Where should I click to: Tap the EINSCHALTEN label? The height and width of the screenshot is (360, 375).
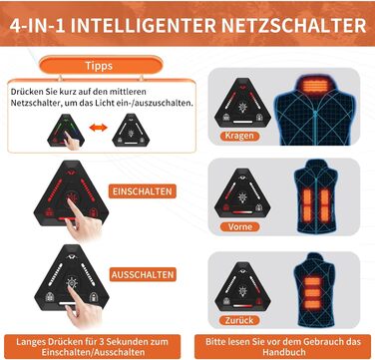[x=143, y=191]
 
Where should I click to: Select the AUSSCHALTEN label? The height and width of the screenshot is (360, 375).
[x=143, y=274]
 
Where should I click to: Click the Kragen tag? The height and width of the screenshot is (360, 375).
[x=239, y=136]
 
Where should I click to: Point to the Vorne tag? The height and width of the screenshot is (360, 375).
[x=240, y=227]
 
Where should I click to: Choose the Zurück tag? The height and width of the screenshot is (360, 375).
[x=239, y=320]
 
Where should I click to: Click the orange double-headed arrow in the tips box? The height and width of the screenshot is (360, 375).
[x=99, y=128]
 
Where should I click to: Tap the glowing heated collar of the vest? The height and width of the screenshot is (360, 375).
[x=315, y=86]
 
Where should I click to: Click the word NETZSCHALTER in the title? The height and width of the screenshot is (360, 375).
[x=285, y=26]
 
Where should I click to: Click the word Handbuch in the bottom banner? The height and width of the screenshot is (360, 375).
[x=283, y=352]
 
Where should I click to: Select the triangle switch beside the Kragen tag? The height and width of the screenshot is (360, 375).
[x=242, y=103]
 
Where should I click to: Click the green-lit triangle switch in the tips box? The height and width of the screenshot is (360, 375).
[x=66, y=130]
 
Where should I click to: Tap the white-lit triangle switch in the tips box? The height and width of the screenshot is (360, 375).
[x=131, y=130]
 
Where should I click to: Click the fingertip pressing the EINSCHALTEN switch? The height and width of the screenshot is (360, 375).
[x=71, y=201]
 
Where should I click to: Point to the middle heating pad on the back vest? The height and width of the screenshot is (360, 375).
[x=313, y=293]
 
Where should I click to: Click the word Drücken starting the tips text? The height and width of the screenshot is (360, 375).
[x=22, y=92]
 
